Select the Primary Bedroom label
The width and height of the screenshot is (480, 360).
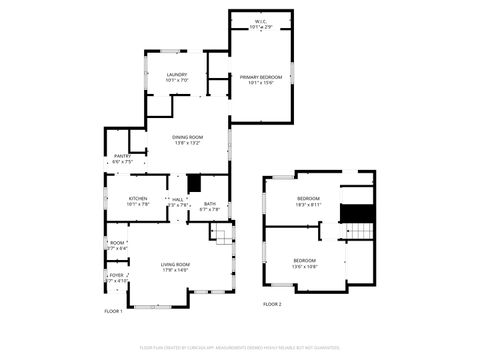260,77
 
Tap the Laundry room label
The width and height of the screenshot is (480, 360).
177,75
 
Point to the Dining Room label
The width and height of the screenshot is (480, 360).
188,137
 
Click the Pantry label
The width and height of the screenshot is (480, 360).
122,156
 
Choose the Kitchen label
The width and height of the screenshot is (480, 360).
138,198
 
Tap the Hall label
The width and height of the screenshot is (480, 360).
177,199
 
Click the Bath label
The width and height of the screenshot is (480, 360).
209,204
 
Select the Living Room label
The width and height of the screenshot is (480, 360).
175,264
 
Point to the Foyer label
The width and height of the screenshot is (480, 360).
117,275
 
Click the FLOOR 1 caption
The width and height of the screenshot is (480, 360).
113,311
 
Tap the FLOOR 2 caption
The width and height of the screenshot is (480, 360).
272,304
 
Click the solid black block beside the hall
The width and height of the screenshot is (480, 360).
195,183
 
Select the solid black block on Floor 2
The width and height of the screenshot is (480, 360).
357,213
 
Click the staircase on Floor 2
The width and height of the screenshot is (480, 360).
357,233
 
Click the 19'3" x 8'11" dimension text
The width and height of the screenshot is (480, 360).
308,204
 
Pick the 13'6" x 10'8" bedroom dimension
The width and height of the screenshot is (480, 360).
304,268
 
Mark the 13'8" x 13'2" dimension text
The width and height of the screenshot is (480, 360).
188,143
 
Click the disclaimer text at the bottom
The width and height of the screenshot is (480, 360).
240,347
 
